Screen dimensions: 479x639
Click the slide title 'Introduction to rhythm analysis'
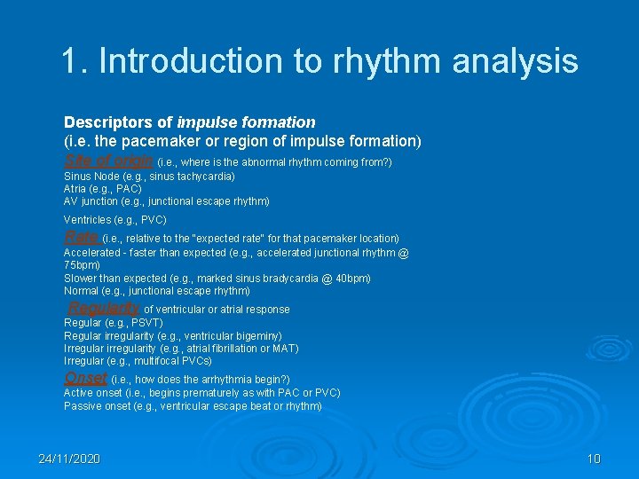tap(319, 61)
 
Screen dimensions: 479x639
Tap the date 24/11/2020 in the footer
tap(69, 459)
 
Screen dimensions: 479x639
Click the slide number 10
tap(594, 459)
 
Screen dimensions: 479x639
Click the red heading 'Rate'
tap(82, 237)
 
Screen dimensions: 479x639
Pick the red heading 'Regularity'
tap(104, 308)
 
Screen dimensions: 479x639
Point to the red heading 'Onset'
tap(85, 378)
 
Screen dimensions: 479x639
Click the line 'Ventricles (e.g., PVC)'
tap(114, 219)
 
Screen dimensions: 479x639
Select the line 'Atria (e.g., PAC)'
tap(102, 189)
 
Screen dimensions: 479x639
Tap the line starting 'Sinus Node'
tap(149, 177)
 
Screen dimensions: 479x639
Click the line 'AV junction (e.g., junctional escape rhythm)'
tap(166, 201)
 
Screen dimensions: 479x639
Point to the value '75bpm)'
tap(82, 265)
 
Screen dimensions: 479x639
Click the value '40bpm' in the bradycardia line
tap(351, 279)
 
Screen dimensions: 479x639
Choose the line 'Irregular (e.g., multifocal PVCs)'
tap(138, 361)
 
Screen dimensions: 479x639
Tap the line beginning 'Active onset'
tap(201, 393)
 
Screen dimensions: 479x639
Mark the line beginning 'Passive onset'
tap(193, 406)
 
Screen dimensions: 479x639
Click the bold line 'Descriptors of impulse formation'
tap(189, 122)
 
